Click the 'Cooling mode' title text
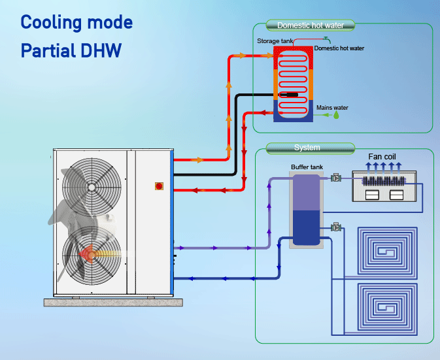pos(76,22)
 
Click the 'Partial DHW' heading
pos(71,50)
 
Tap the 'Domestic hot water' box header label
pos(311,25)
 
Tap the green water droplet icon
pos(337,115)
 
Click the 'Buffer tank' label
pos(307,167)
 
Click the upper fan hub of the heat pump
pos(91,187)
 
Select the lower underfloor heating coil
pos(384,308)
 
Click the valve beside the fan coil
pos(337,178)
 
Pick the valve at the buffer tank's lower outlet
pos(337,227)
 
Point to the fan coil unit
pos(384,187)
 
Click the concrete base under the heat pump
pos(112,302)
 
